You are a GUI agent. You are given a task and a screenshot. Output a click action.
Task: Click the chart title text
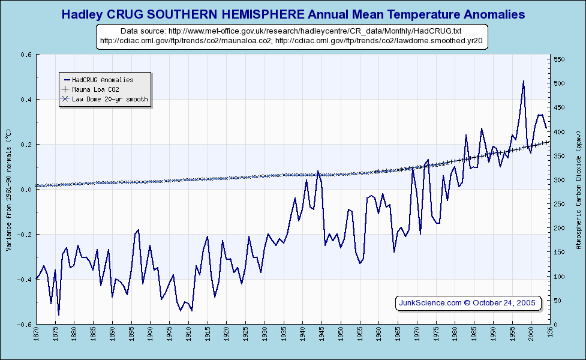(x=293, y=14)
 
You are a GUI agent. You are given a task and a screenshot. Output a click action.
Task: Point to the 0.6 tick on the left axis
(x=26, y=55)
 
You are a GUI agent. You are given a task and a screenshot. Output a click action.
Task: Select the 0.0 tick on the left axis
(x=26, y=190)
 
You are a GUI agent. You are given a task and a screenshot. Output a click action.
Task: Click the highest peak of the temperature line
(x=523, y=81)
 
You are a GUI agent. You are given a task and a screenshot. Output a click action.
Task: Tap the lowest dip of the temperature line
(x=58, y=314)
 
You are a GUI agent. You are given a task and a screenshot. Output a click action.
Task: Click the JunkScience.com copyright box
(x=468, y=303)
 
